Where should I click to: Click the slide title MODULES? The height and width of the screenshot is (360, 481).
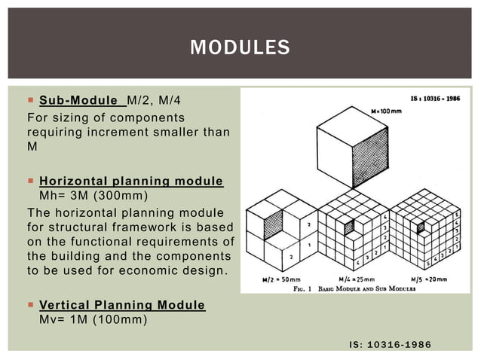[240, 47]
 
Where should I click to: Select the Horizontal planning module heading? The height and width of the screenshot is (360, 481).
[130, 182]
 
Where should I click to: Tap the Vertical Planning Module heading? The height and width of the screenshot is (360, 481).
[121, 305]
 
